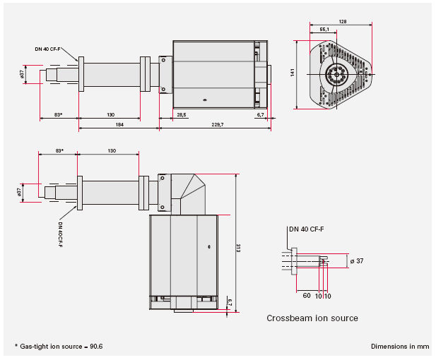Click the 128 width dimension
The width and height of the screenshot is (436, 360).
(x=343, y=21)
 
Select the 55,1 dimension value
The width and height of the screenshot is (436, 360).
(x=324, y=29)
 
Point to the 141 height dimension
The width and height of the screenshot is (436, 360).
(x=293, y=73)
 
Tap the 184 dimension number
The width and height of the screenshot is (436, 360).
(x=119, y=125)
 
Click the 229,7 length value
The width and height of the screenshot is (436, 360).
(x=218, y=125)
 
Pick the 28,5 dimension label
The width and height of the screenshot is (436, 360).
(x=182, y=115)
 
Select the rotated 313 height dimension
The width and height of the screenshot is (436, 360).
(x=238, y=248)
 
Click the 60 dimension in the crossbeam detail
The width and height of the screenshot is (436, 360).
(x=307, y=295)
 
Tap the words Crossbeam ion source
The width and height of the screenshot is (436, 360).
(x=312, y=318)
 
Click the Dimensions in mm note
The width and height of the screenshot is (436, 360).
(x=400, y=347)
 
